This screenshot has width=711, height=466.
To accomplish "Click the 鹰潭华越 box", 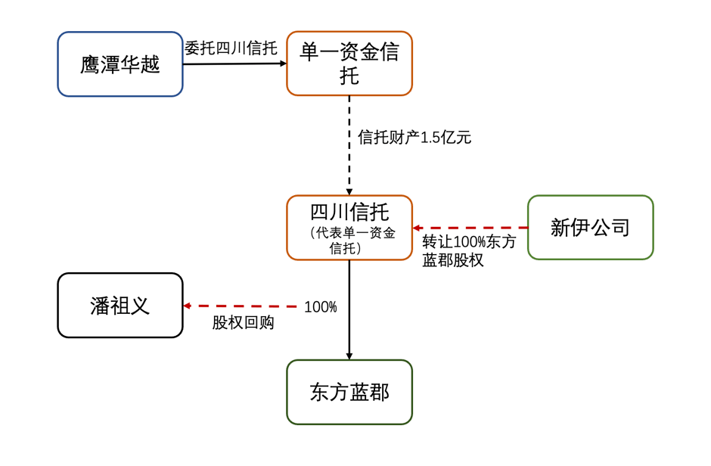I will (x=120, y=64).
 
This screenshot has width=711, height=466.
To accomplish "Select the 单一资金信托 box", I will (x=349, y=64).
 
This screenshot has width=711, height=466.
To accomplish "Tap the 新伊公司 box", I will (x=590, y=227).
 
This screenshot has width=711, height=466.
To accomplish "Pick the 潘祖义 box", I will (x=120, y=305).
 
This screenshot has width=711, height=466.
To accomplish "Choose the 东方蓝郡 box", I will (x=349, y=392).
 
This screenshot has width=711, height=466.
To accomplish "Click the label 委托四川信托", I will (x=231, y=48).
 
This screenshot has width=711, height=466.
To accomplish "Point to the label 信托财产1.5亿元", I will (x=414, y=138).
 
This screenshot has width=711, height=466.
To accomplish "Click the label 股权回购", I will (x=243, y=323).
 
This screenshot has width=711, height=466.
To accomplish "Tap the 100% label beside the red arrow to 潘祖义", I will (x=320, y=307).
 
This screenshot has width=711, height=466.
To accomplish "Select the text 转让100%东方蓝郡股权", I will (x=469, y=251).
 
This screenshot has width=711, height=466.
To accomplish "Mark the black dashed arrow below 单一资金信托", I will (x=349, y=144).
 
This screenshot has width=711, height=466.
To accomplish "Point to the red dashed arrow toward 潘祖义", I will (x=242, y=306).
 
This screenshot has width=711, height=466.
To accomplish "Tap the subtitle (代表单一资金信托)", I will (x=349, y=241).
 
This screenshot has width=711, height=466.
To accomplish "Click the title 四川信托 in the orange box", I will (x=349, y=210).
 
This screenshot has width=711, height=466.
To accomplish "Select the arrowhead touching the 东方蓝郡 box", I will (x=349, y=355).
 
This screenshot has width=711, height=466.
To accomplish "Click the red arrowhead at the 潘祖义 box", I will (x=188, y=306).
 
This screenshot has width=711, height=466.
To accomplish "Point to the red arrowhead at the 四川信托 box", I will (x=417, y=227).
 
